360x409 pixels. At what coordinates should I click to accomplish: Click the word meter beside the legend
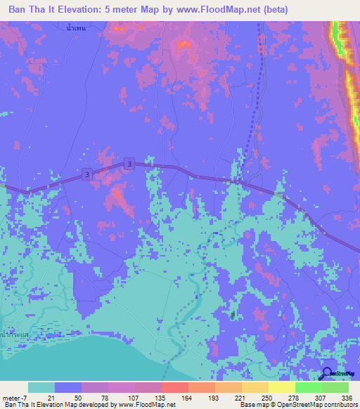tap(12, 397)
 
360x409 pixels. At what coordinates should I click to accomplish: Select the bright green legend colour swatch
tap(308, 387)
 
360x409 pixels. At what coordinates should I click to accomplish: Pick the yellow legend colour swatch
tap(281, 387)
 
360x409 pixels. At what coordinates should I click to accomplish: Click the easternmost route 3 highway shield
tap(129, 163)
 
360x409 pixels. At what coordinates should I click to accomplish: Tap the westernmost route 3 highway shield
tap(86, 174)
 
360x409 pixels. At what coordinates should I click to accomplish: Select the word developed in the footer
tap(94, 405)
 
